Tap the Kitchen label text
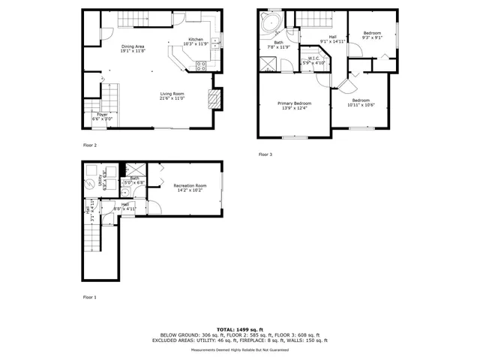195,39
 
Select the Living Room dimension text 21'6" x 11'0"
172,98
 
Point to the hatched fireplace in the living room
213,97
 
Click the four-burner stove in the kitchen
201,65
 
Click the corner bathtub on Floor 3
270,23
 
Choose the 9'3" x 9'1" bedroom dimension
372,37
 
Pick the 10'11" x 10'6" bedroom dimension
361,104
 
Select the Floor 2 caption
90,145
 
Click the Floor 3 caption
265,154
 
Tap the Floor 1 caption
90,298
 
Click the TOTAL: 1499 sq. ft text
239,329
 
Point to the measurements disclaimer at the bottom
239,349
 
